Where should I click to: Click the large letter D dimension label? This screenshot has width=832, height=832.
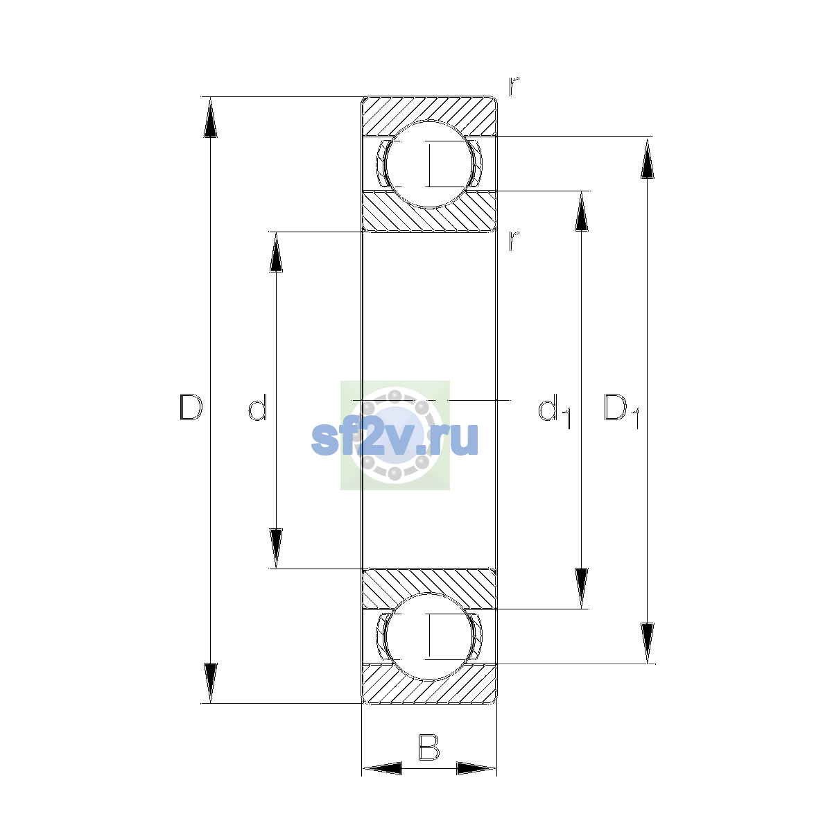pyautogui.click(x=191, y=407)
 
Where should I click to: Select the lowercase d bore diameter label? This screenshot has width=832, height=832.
pyautogui.click(x=258, y=407)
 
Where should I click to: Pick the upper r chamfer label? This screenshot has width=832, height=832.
pyautogui.click(x=513, y=87)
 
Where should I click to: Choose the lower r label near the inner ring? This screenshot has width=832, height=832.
pyautogui.click(x=513, y=241)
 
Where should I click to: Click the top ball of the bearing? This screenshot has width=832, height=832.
pyautogui.click(x=429, y=164)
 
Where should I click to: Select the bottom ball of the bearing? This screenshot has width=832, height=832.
pyautogui.click(x=429, y=637)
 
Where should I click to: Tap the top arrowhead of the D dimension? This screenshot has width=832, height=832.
pyautogui.click(x=210, y=117)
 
